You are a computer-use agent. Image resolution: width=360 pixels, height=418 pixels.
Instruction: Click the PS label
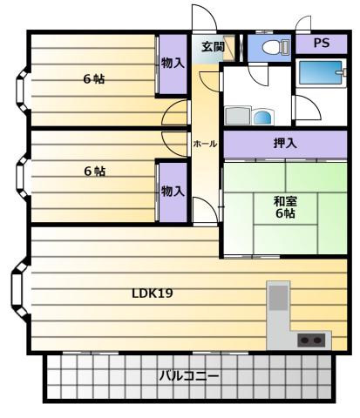(x=322, y=43)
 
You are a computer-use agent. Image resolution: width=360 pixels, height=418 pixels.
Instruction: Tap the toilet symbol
(x=275, y=46)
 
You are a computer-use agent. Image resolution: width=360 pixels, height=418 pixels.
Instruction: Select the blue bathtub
(x=321, y=72)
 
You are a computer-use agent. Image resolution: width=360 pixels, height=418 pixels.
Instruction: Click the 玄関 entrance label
(x=214, y=46)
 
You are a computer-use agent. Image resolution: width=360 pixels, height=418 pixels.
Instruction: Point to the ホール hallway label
(x=205, y=144)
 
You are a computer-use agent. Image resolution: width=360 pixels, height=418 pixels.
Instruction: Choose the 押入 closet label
(x=285, y=143)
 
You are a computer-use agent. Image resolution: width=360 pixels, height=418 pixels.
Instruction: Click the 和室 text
(x=285, y=201)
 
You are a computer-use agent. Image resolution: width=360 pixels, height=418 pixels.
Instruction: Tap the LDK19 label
(x=153, y=293)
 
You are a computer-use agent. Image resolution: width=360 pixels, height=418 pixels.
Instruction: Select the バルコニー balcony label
(x=189, y=376)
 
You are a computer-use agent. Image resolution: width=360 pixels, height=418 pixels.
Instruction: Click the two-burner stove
(x=311, y=340)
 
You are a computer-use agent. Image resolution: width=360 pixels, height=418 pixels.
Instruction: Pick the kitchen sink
(x=278, y=298)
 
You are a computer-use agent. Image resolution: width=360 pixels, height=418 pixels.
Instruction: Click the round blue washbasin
(x=262, y=118)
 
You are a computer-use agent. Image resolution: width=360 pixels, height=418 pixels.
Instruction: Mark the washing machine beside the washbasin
(x=238, y=116)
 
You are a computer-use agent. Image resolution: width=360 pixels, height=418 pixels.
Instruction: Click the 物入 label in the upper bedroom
(x=173, y=63)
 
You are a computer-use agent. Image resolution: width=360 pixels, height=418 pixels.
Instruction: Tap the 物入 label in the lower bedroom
(x=173, y=192)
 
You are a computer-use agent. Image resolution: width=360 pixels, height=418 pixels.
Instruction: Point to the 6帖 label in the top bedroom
(x=94, y=79)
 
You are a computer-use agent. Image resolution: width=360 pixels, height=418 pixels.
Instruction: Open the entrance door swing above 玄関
(x=204, y=17)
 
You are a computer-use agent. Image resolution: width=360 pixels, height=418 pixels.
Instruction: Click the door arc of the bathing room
(x=308, y=107)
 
